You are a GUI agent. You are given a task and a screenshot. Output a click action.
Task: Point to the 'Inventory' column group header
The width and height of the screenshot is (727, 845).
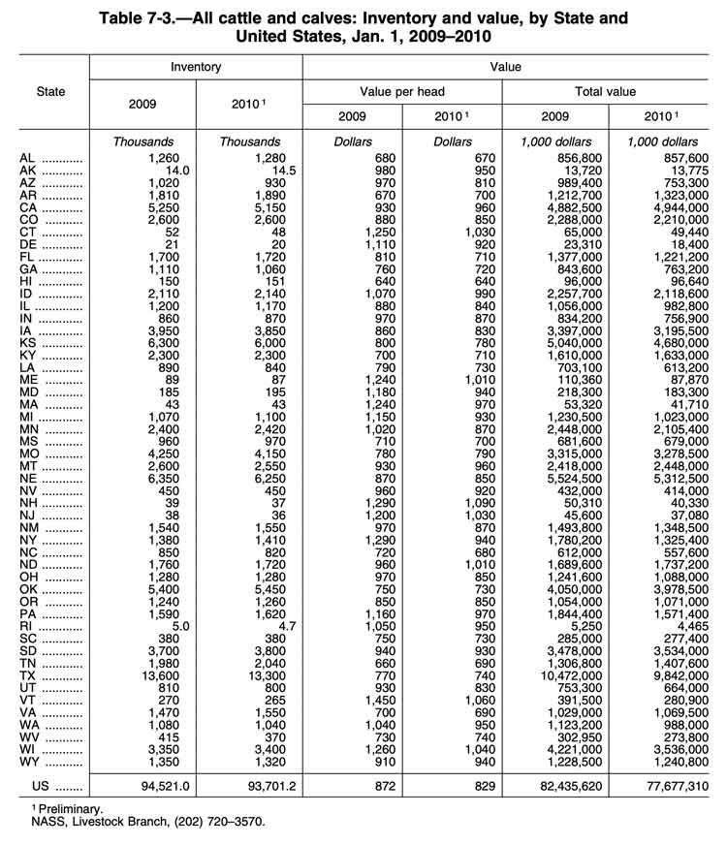pyautogui.click(x=196, y=67)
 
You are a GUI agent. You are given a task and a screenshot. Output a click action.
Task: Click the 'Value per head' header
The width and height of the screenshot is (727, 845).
pyautogui.click(x=401, y=92)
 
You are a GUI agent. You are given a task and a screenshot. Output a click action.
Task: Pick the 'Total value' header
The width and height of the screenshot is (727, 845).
pyautogui.click(x=604, y=92)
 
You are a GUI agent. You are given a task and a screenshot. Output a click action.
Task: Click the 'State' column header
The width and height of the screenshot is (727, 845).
pyautogui.click(x=50, y=92)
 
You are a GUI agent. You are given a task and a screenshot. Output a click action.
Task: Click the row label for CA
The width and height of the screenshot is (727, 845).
pyautogui.click(x=29, y=206)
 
